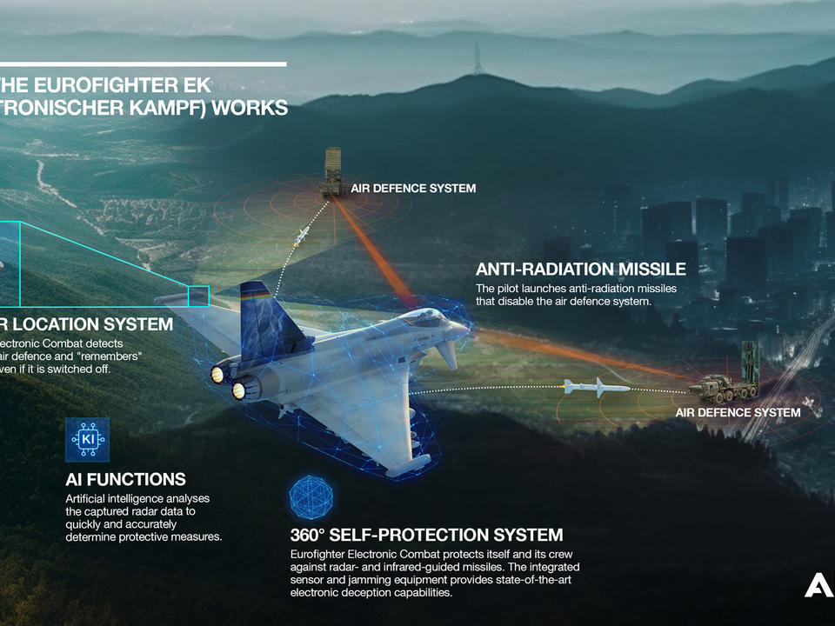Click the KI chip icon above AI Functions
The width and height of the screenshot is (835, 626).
click(x=87, y=440)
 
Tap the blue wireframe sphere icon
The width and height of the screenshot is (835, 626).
click(x=311, y=495)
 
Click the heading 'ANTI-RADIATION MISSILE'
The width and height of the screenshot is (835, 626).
click(x=580, y=270)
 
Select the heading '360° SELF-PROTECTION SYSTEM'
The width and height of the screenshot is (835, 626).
click(x=426, y=535)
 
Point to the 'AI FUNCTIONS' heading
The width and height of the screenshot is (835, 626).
click(x=125, y=479)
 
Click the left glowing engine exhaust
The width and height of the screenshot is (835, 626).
click(x=217, y=374)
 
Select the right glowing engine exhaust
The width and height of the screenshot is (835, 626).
click(x=238, y=390)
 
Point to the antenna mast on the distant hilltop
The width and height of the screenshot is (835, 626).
click(x=476, y=58)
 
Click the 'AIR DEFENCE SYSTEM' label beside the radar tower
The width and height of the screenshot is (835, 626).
click(x=413, y=189)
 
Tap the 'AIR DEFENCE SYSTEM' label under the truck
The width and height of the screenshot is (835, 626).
click(x=738, y=412)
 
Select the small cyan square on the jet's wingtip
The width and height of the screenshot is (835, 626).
click(x=198, y=296)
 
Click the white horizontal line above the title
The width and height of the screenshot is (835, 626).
click(x=144, y=63)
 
